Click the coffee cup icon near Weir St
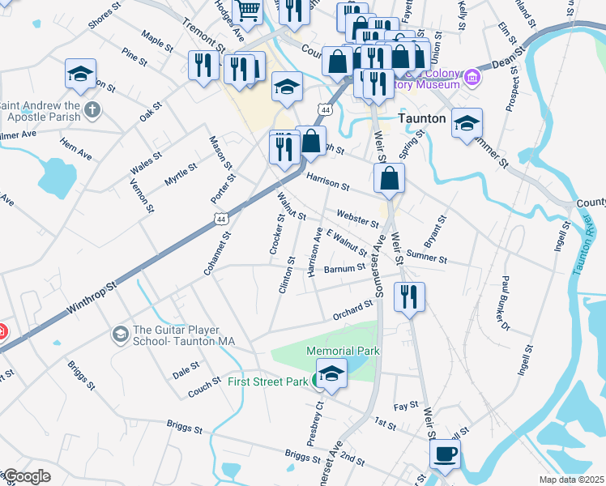(445, 454)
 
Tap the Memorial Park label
(343, 351)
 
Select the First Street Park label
(267, 382)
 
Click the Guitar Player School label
(183, 335)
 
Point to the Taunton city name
(423, 118)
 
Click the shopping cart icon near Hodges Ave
(250, 11)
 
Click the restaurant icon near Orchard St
(409, 296)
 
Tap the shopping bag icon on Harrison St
(390, 178)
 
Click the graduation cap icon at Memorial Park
(331, 373)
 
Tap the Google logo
(26, 476)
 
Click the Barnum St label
(345, 268)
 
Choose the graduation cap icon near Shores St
(80, 74)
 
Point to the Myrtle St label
(181, 176)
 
